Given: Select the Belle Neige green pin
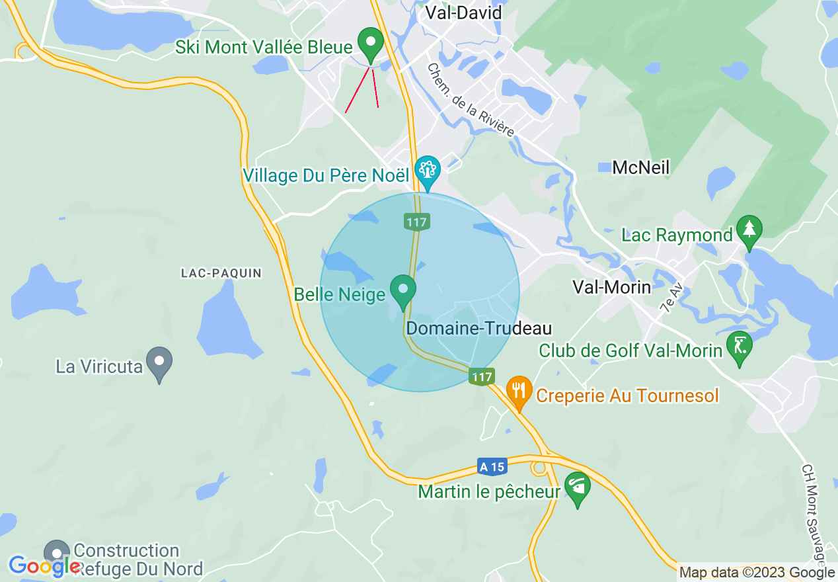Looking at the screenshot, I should pyautogui.click(x=402, y=290).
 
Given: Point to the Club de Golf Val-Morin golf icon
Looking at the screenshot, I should pyautogui.click(x=739, y=346).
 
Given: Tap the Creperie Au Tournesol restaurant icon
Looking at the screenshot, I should pyautogui.click(x=520, y=390).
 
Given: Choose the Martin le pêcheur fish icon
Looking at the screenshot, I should pyautogui.click(x=578, y=488).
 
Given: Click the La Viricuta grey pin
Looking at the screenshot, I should pyautogui.click(x=159, y=362).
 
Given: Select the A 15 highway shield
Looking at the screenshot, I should pyautogui.click(x=492, y=467).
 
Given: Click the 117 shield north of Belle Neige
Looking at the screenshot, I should pyautogui.click(x=417, y=222).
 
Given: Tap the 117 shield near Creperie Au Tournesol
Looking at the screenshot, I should pyautogui.click(x=482, y=377).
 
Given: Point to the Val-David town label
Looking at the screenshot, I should pyautogui.click(x=463, y=13).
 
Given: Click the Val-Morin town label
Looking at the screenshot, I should pyautogui.click(x=611, y=287).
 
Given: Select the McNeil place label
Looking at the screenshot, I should pyautogui.click(x=640, y=167).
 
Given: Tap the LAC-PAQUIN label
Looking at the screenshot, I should pyautogui.click(x=221, y=273).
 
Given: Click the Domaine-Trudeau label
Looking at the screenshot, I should pyautogui.click(x=479, y=328).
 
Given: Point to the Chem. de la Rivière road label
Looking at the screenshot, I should pyautogui.click(x=470, y=100).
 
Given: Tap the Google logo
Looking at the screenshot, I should pyautogui.click(x=45, y=566).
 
